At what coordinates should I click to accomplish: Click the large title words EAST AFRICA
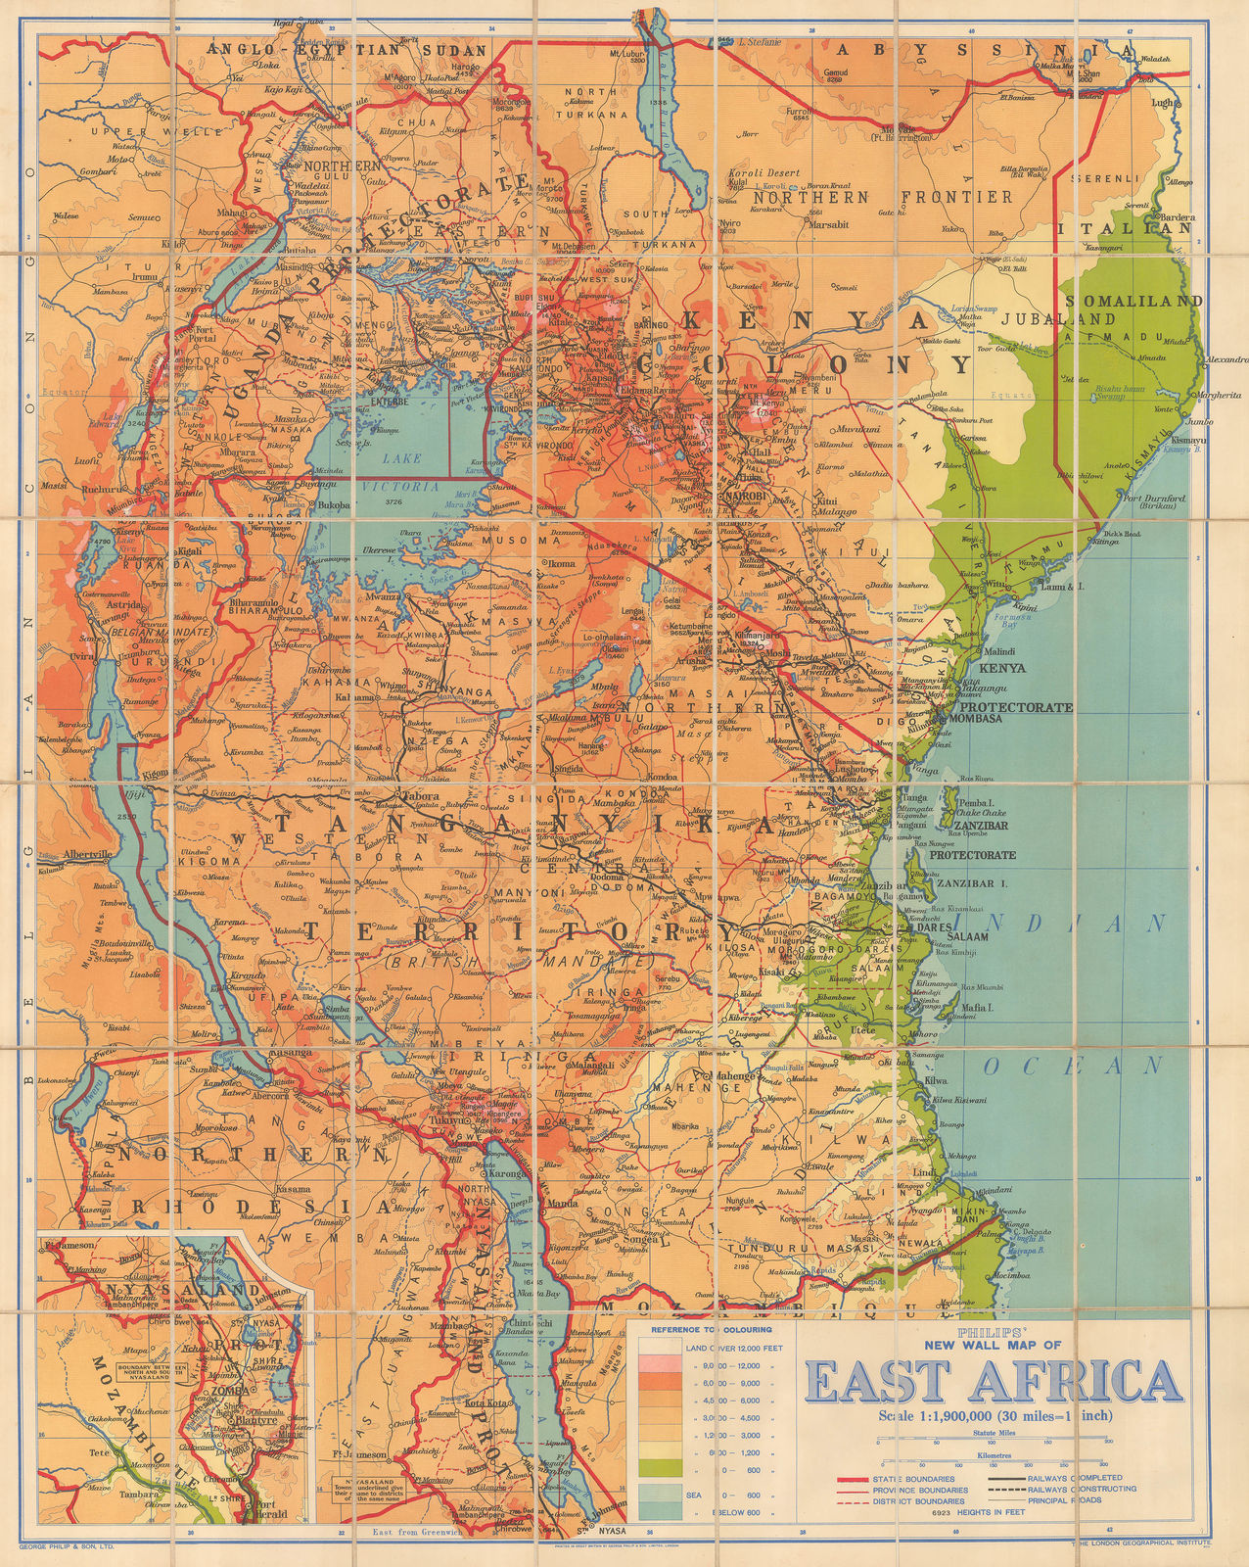[x=993, y=1381]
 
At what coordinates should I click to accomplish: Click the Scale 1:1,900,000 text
[x=993, y=1415]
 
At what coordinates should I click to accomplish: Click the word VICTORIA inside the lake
[x=400, y=486]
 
